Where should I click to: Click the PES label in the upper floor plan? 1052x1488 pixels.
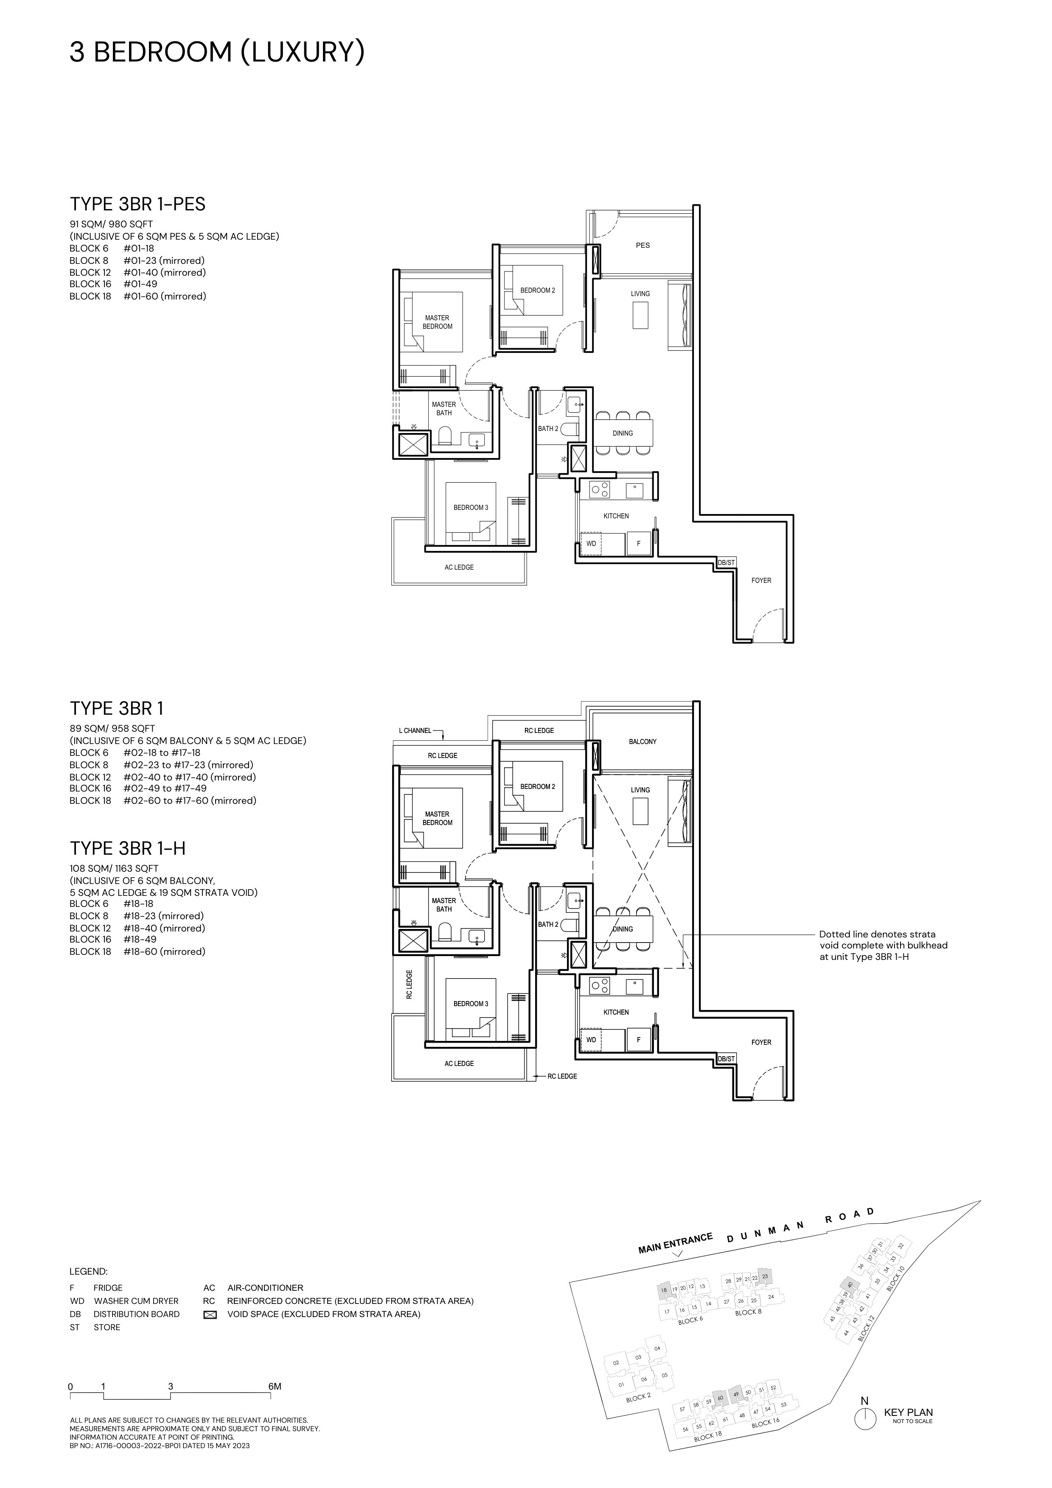[x=642, y=246]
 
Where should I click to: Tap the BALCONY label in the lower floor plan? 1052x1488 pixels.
[x=642, y=741]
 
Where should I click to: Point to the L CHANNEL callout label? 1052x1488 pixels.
[x=415, y=730]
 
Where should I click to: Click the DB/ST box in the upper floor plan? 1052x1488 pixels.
[x=726, y=562]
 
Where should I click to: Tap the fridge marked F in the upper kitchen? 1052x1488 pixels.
[x=639, y=544]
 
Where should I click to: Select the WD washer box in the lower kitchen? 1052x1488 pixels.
[x=591, y=1040]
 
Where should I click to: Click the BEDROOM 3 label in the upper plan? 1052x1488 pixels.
[x=471, y=507]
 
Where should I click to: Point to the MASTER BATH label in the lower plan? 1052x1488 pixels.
[x=444, y=905]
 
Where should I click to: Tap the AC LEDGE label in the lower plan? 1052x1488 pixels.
[x=459, y=1063]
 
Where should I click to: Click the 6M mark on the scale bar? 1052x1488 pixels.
[x=275, y=1387]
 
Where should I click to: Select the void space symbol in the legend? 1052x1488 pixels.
[x=209, y=1315]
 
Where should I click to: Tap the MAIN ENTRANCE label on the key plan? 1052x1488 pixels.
[x=676, y=1242]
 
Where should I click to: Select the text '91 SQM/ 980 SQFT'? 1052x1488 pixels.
[x=112, y=224]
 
